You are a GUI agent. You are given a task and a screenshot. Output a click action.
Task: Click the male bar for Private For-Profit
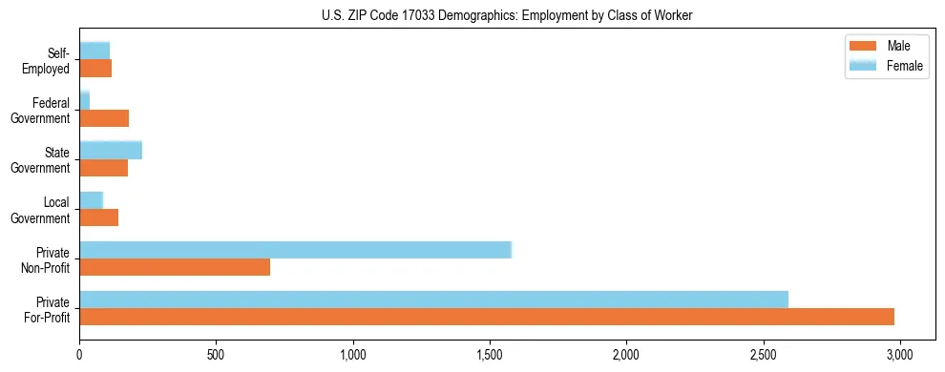tap(487, 317)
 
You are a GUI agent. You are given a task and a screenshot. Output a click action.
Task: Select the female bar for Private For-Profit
tap(433, 300)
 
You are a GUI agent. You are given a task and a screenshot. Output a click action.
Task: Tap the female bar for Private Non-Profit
tap(295, 250)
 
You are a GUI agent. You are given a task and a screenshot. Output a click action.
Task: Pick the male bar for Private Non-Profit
tap(175, 267)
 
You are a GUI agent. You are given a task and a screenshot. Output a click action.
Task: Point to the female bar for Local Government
tap(91, 200)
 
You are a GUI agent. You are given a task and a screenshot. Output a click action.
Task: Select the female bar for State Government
tap(111, 150)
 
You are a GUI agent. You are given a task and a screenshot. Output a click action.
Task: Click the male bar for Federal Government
tap(104, 118)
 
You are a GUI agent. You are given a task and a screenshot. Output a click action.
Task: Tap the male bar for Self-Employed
tap(95, 69)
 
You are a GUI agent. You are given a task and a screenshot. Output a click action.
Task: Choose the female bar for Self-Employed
tap(94, 51)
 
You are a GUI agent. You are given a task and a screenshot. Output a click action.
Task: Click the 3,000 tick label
tap(899, 355)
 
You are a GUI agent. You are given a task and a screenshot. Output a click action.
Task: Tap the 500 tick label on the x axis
tap(216, 355)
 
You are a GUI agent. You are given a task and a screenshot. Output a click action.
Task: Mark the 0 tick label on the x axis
tap(79, 355)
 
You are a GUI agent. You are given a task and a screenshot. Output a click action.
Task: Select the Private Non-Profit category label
tap(51, 259)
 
